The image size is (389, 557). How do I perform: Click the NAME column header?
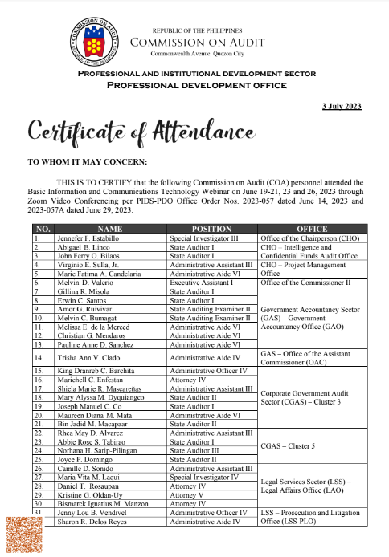tap(109, 229)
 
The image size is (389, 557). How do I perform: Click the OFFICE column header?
tap(311, 229)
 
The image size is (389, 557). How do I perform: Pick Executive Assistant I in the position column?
tap(201, 283)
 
